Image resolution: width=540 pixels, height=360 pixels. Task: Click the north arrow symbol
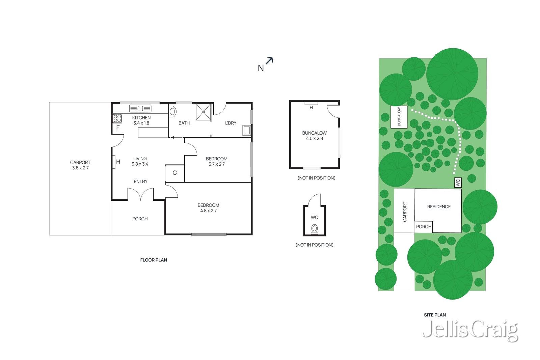pyautogui.click(x=269, y=60)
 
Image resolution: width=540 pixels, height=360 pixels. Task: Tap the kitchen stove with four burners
pyautogui.click(x=117, y=118)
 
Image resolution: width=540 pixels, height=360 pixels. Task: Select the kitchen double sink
pyautogui.click(x=140, y=108)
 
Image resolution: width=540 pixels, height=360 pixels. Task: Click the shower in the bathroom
pyautogui.click(x=204, y=112)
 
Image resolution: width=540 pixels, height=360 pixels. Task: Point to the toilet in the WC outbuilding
pyautogui.click(x=314, y=229)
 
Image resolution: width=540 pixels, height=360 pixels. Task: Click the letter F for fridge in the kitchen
pyautogui.click(x=118, y=128)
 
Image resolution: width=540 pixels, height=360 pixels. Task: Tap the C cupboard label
pyautogui.click(x=175, y=173)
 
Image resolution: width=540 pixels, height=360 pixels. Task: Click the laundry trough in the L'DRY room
pyautogui.click(x=247, y=130)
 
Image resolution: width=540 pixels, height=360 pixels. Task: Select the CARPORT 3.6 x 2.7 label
pyautogui.click(x=80, y=165)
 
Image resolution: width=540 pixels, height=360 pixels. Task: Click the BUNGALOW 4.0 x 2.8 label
pyautogui.click(x=314, y=136)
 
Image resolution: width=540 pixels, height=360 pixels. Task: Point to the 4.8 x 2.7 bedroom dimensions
pyautogui.click(x=209, y=211)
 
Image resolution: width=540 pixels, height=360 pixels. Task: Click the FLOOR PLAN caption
pyautogui.click(x=154, y=260)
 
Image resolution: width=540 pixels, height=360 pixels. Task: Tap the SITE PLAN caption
pyautogui.click(x=435, y=315)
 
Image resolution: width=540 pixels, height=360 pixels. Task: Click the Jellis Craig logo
pyautogui.click(x=470, y=331)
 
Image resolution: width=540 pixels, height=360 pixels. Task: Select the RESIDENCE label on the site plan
pyautogui.click(x=439, y=207)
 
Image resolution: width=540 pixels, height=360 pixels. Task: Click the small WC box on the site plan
pyautogui.click(x=458, y=183)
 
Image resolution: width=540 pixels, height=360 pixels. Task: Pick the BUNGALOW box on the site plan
pyautogui.click(x=399, y=117)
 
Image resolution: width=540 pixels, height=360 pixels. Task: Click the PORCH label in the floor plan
pyautogui.click(x=140, y=219)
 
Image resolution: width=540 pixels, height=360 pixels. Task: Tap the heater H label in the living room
pyautogui.click(x=118, y=162)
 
